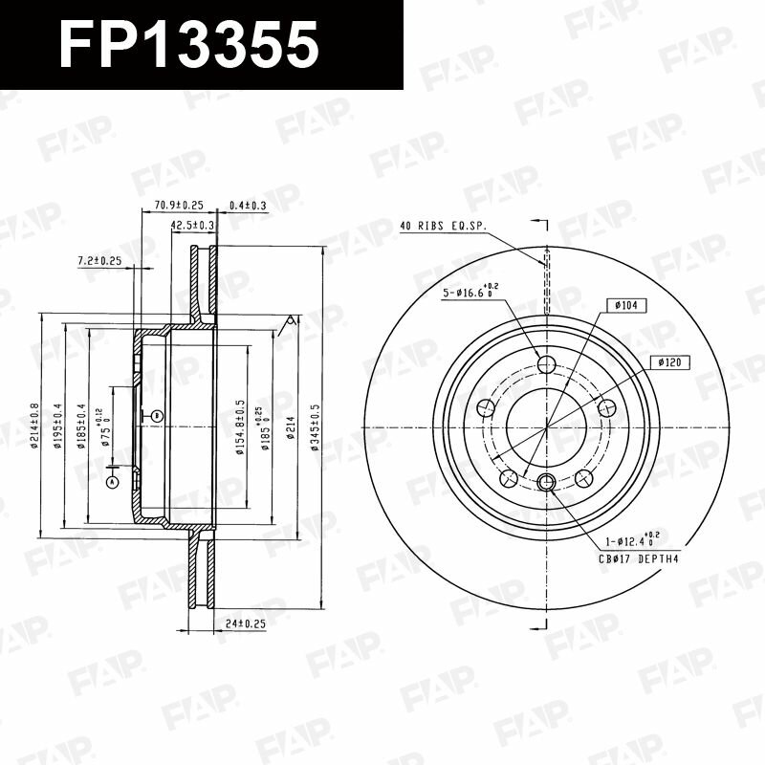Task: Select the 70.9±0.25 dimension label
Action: (x=179, y=205)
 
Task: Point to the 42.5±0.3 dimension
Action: (x=192, y=225)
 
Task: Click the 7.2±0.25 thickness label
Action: (x=99, y=260)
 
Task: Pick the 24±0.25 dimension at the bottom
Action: (x=245, y=623)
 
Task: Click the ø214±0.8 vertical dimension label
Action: (x=33, y=426)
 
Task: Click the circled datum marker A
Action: (x=112, y=482)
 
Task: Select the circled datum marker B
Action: (x=157, y=415)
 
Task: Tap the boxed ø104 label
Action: (x=626, y=305)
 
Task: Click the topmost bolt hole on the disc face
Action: (x=547, y=364)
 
